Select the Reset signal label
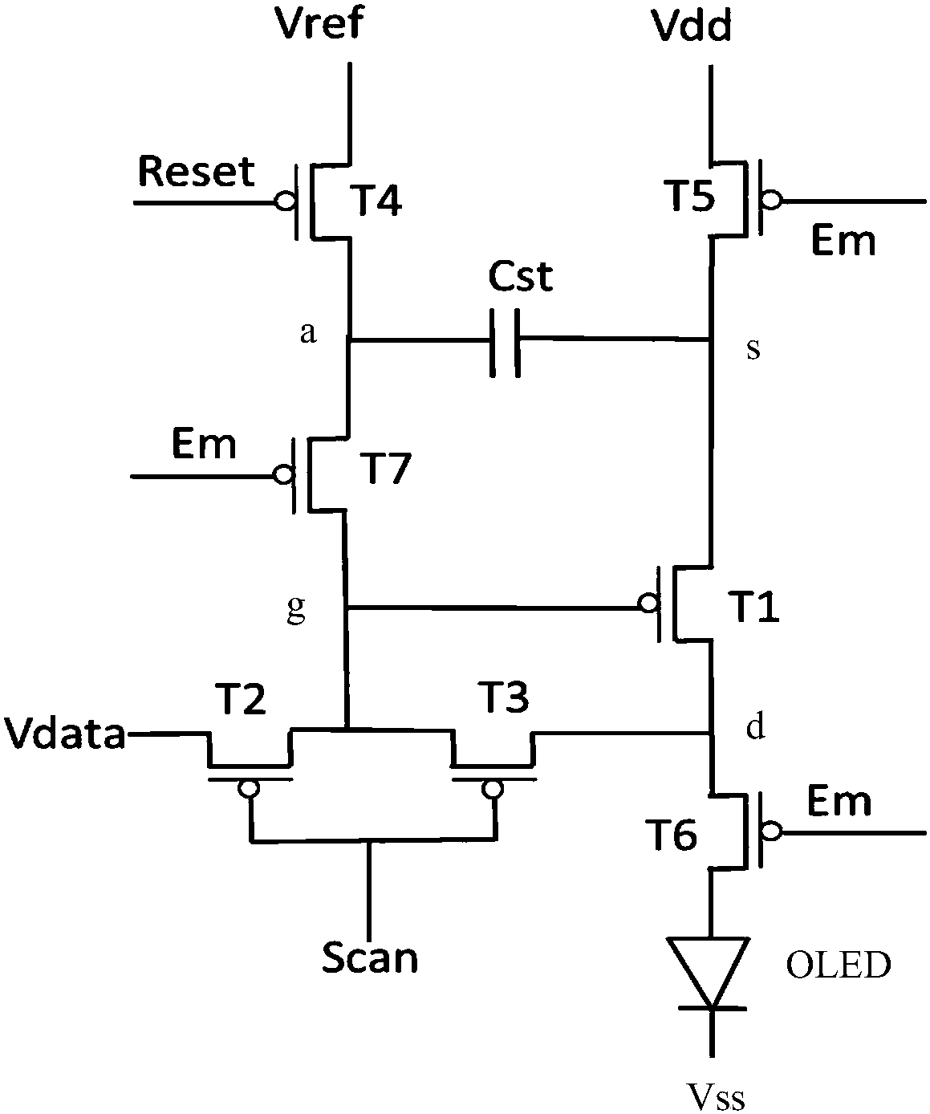point(197,172)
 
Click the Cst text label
point(520,276)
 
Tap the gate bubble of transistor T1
point(649,604)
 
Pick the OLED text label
point(839,965)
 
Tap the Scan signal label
point(370,958)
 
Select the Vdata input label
point(64,733)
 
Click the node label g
point(296,609)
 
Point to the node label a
point(308,333)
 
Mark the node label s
point(753,349)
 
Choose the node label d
point(756,726)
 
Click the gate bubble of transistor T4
point(284,201)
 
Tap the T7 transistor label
point(388,469)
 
